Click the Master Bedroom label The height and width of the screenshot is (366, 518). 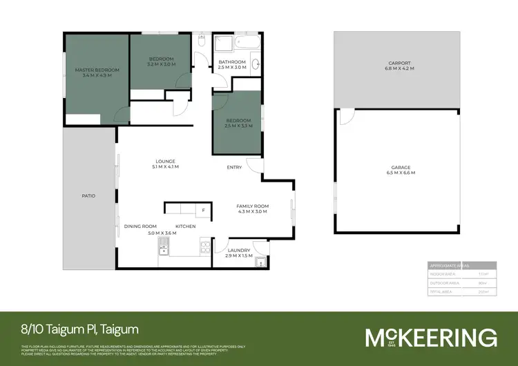[97, 70]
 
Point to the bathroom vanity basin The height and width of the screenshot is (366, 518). [256, 66]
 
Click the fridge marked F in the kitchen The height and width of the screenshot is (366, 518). [203, 209]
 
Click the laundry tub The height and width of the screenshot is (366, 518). [260, 261]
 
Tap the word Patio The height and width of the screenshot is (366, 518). [88, 196]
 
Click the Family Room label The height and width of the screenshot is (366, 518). [252, 206]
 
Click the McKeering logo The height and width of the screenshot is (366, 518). [430, 337]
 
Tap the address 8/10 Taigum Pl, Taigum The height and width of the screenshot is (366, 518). [80, 331]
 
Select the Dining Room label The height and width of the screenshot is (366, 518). [140, 227]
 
